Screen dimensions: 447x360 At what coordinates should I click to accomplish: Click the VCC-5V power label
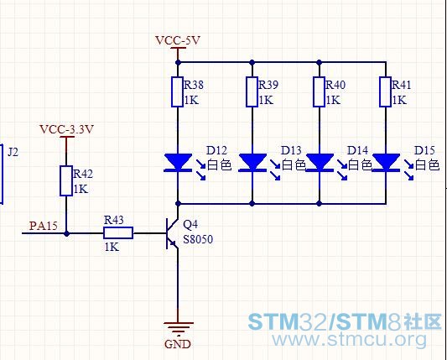click(x=178, y=40)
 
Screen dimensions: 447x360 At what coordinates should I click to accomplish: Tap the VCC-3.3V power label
click(x=66, y=129)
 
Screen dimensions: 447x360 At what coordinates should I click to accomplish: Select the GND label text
click(x=178, y=344)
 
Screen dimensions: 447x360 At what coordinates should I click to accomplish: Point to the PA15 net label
click(x=44, y=226)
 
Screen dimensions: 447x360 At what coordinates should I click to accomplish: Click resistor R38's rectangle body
click(x=177, y=91)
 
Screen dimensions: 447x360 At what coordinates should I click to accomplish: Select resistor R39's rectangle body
click(x=252, y=91)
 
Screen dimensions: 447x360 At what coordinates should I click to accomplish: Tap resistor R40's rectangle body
click(x=319, y=91)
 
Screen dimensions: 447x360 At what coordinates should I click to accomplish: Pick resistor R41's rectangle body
click(x=386, y=91)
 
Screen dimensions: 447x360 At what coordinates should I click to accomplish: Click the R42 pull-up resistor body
click(x=66, y=181)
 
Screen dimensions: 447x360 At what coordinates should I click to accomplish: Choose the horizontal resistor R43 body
click(x=118, y=232)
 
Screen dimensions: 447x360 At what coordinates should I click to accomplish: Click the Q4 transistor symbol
click(x=172, y=233)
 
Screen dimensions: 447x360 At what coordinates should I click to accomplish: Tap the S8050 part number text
click(x=198, y=239)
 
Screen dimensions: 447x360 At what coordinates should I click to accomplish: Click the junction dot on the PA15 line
click(x=66, y=233)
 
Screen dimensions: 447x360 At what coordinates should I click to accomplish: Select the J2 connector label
click(x=13, y=152)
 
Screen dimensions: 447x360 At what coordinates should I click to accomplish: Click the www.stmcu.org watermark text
click(x=350, y=340)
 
